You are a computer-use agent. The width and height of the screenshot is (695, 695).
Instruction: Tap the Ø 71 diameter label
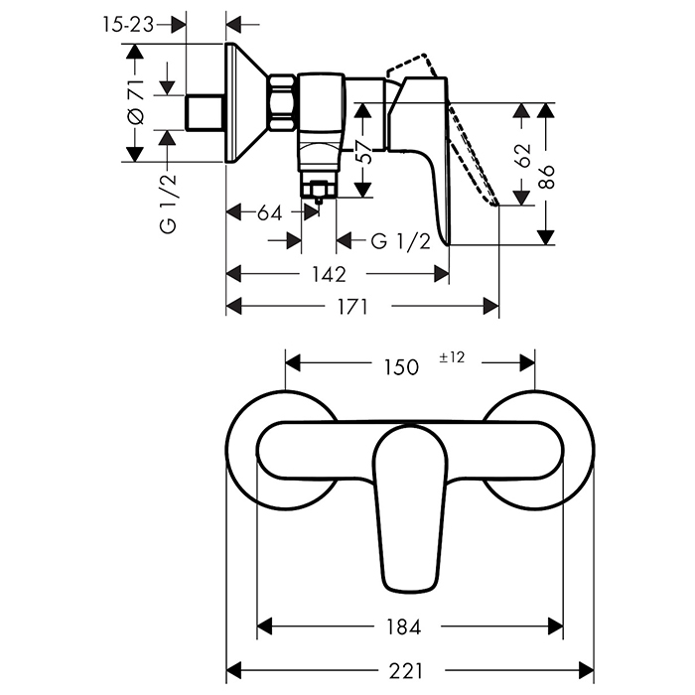(x=137, y=103)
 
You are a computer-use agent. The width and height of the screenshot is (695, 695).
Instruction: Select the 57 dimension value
(x=364, y=150)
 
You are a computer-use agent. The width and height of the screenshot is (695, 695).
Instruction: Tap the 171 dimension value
(x=352, y=307)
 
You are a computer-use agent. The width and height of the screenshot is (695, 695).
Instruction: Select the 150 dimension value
(x=401, y=366)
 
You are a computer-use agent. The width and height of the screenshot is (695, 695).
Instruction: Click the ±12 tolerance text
(x=452, y=357)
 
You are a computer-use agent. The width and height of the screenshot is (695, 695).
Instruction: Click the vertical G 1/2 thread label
(x=169, y=204)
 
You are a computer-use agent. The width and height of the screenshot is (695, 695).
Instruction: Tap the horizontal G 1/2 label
(x=400, y=242)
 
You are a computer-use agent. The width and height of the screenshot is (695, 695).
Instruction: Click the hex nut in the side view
(x=282, y=101)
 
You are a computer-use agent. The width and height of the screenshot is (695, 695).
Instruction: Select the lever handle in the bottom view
(x=407, y=506)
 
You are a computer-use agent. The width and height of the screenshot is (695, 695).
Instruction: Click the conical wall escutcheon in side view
(x=247, y=103)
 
